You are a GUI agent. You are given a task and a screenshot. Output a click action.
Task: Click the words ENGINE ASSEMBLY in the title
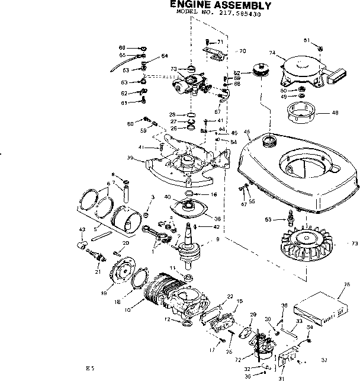pyautogui.click(x=220, y=5)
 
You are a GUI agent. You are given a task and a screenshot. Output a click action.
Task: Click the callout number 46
pyautogui.click(x=247, y=132)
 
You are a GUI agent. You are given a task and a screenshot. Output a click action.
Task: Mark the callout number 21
pyautogui.click(x=97, y=272)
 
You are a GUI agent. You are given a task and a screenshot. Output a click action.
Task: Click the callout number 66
pyautogui.click(x=122, y=47)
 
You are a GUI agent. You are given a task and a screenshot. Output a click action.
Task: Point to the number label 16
pyautogui.click(x=214, y=194)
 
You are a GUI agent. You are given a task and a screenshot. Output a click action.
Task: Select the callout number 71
pyautogui.click(x=220, y=41)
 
